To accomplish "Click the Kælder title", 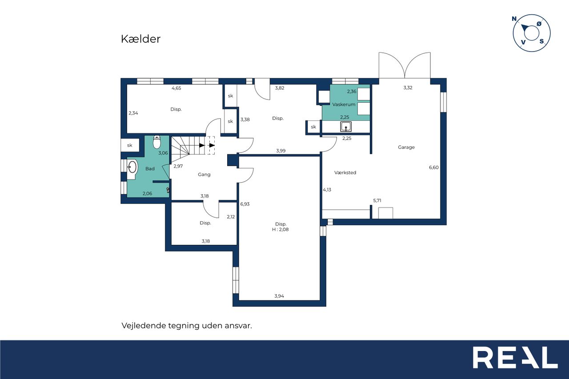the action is coord(141,39).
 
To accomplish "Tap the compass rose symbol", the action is coord(531,33).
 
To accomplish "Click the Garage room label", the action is coord(406,147).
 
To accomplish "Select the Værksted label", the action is coord(345,173).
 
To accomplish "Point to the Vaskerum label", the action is coord(344,104).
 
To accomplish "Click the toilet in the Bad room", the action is coord(157,142).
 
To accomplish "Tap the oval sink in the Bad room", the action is coord(132,167).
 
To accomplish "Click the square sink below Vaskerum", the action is coord(346,127).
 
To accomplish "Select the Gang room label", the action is coord(204,175).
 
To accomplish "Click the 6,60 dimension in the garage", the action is coord(433,168).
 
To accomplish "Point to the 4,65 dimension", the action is coord(176,88).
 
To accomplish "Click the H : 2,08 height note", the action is coord(280,229).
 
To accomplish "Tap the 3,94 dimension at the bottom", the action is coord(279,296).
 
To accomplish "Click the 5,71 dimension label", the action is coord(377,200).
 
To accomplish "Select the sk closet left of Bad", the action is coord(130,145).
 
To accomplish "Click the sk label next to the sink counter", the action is coord(313,127).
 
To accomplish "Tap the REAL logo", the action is coord(515,357).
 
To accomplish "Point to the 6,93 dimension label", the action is coord(245,204).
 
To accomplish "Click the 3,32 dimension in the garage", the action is coord(408,88).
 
